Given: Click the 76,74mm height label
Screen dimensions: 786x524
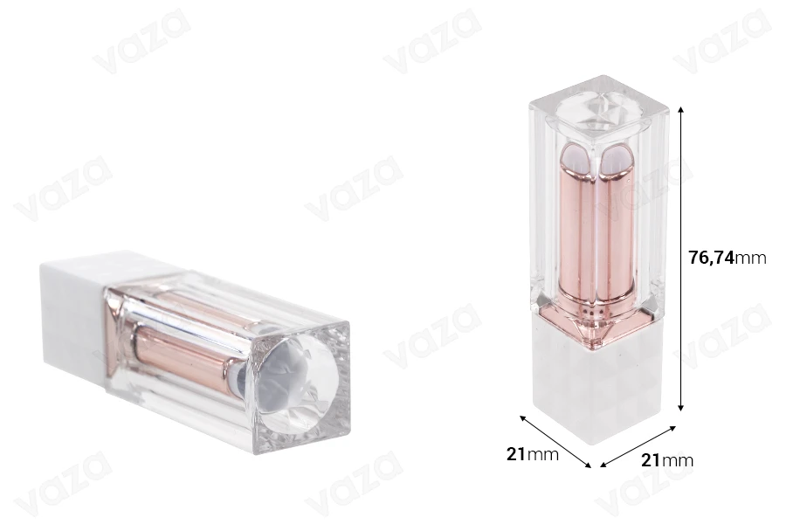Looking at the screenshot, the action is tap(727, 258).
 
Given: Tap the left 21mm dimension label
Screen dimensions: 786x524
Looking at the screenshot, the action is tap(533, 454).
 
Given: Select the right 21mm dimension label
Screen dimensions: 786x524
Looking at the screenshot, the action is tap(667, 460).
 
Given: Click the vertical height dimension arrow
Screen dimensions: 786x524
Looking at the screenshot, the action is tap(680, 259).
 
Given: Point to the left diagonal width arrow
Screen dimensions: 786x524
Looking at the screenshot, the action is tap(555, 441).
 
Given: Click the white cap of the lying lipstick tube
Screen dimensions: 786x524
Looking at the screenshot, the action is tap(75, 311).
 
